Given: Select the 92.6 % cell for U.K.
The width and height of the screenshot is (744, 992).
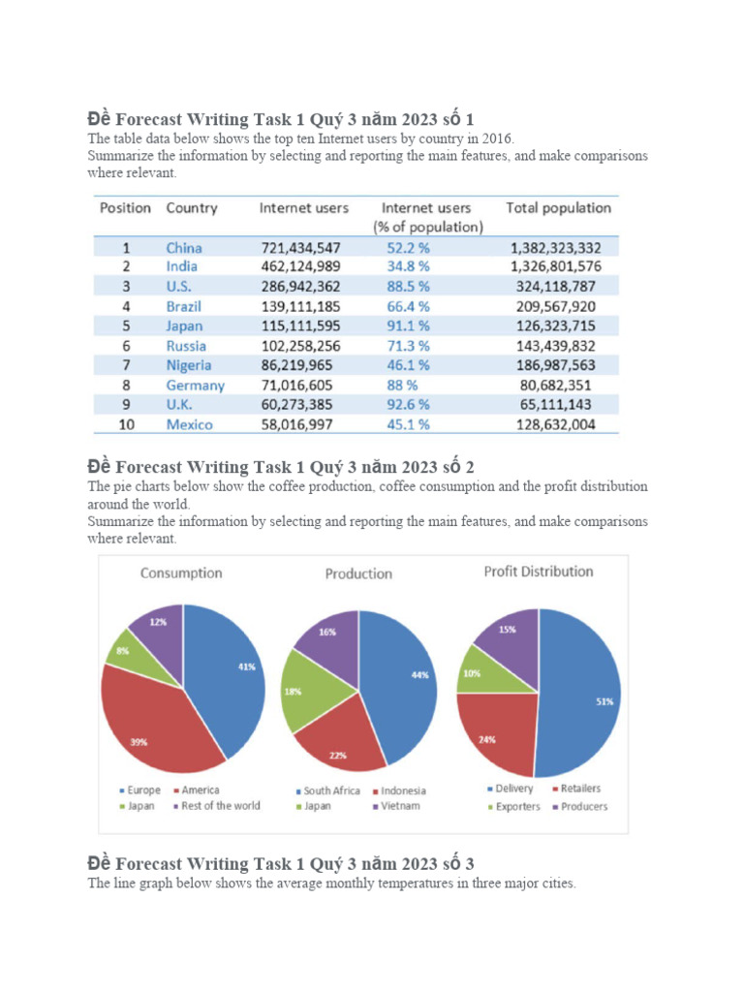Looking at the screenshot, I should [408, 405].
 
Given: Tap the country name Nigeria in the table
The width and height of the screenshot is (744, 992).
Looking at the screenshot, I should [188, 365].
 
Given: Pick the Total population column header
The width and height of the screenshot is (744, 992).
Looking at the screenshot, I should [558, 208].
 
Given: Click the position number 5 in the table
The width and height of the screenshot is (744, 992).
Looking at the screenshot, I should [125, 326].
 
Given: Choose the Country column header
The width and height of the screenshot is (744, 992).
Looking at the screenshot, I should [192, 208].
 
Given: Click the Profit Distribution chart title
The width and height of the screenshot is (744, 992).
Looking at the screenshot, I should [538, 572].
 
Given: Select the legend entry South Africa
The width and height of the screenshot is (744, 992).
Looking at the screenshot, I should [331, 790].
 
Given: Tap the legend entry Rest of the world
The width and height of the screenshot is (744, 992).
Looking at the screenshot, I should [220, 806].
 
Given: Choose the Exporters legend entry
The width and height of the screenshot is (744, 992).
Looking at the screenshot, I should [517, 806].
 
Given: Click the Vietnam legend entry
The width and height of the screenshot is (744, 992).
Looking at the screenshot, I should [400, 806].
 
